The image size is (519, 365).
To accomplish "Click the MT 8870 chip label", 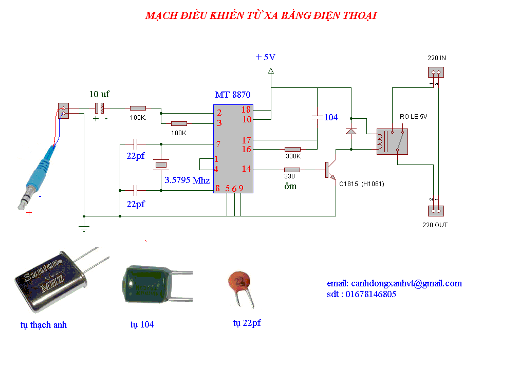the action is point(233,95).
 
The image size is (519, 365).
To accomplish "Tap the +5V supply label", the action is point(266,57).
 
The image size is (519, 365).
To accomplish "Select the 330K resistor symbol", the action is point(292,150).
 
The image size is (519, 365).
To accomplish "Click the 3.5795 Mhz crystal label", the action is point(187,180).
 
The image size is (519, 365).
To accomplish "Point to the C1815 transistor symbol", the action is point(330,170).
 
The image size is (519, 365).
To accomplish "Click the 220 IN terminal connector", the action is point(436,72).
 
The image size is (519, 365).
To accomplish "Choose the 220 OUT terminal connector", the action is point(436,211).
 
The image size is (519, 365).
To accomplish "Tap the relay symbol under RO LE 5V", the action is point(392,142).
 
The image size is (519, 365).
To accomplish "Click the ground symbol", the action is point(84,228).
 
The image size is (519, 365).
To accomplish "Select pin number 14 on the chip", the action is point(246,169).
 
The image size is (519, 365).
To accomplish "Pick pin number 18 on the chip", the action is point(246,109).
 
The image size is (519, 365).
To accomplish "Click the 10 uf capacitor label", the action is point(99,94).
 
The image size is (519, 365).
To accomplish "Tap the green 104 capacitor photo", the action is point(156,284).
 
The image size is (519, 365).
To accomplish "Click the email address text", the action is point(394,284).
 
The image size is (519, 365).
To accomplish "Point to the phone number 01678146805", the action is point(370,294).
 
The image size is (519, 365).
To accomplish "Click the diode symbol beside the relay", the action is point(351,132).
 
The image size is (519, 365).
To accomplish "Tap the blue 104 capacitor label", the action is point(330,117).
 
